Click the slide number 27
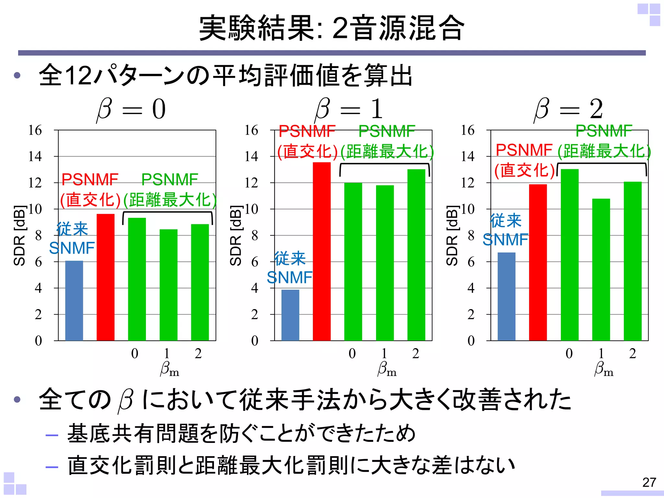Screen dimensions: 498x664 click(x=649, y=482)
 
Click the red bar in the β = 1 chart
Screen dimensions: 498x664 click(x=322, y=251)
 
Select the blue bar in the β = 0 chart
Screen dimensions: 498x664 click(x=74, y=301)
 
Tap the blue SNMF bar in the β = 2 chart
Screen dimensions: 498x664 click(x=506, y=296)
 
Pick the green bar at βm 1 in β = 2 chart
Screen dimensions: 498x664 click(x=601, y=269)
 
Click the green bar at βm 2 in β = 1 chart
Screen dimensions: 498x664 click(x=416, y=255)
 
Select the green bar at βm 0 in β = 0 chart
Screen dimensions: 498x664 click(x=137, y=279)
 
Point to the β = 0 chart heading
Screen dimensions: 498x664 click(x=131, y=109)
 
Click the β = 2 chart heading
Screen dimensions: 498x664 click(x=568, y=109)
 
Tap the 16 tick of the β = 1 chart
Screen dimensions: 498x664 click(x=251, y=130)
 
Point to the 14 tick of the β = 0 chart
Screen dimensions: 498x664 click(x=35, y=157)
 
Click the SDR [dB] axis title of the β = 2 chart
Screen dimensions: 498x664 click(x=452, y=235)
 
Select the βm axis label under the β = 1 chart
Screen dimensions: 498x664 click(x=387, y=369)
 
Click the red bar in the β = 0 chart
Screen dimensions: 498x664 click(x=105, y=277)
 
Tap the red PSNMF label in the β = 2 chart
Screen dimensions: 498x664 click(x=524, y=150)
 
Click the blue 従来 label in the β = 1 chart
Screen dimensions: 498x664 click(x=290, y=258)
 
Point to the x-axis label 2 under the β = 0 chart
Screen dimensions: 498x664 click(x=198, y=353)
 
